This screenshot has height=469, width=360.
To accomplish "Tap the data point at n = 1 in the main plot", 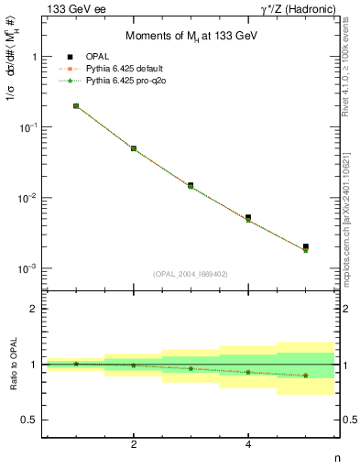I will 76,106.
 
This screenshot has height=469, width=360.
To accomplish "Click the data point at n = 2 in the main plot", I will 134,148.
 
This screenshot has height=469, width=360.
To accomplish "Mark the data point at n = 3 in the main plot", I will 191,186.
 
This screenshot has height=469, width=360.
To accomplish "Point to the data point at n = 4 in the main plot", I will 248,219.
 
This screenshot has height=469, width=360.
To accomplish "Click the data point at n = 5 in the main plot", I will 305,248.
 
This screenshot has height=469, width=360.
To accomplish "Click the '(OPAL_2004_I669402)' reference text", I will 191,273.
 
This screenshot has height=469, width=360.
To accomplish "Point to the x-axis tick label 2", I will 134,445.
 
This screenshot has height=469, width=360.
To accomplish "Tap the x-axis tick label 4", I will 248,445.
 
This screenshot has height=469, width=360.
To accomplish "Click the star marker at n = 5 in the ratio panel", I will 305,376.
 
